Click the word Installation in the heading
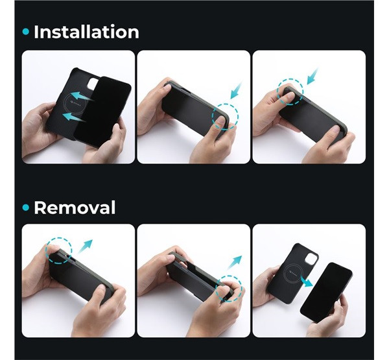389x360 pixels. [86, 32]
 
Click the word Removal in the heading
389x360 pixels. [75, 208]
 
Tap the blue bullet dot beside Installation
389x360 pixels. [26, 32]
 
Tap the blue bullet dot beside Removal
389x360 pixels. [26, 208]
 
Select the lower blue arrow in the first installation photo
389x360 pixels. [75, 117]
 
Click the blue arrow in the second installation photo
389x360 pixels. [236, 90]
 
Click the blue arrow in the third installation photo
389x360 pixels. [312, 77]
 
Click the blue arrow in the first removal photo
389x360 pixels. [85, 246]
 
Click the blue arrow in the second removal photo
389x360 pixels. [235, 263]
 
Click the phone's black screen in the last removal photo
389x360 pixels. [326, 292]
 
